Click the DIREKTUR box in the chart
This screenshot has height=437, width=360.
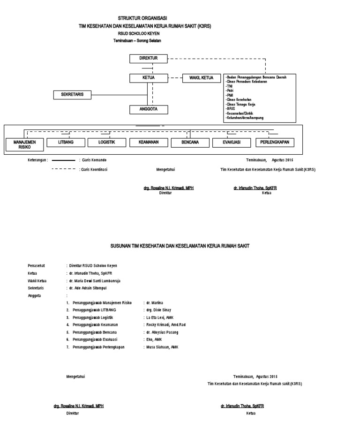coord(148,58)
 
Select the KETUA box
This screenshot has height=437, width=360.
coord(148,78)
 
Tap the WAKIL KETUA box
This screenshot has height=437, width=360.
coord(201,78)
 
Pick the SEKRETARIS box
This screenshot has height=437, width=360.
coord(72,95)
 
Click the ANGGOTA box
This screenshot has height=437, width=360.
coord(148,109)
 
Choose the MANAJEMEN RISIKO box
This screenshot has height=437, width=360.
coord(25,144)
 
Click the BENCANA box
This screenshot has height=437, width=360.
coord(189,142)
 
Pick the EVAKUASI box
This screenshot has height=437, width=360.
coord(231,142)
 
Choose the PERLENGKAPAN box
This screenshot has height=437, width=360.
coord(275,142)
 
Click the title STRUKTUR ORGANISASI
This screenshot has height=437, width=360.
coord(146,18)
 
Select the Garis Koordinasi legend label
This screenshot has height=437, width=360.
coord(94,169)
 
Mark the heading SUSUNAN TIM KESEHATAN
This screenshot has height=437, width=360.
coord(180,246)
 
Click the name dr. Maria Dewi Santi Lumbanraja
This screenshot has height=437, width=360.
coord(95,280)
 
